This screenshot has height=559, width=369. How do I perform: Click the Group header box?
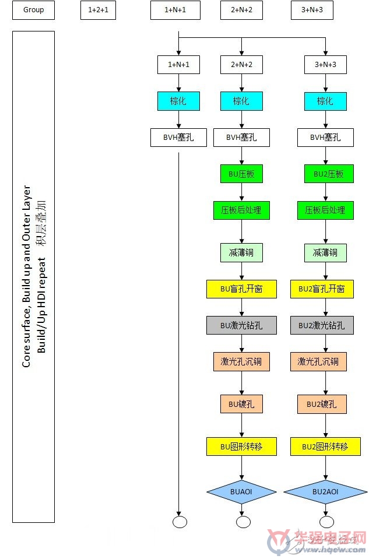click(x=33, y=10)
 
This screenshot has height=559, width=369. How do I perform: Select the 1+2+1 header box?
click(x=98, y=10)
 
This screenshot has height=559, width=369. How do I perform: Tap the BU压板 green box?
click(x=241, y=174)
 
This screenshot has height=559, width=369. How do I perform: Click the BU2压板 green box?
click(x=329, y=174)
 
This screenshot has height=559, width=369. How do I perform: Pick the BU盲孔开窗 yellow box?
click(x=241, y=289)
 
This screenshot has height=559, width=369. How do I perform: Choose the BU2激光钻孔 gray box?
click(x=322, y=325)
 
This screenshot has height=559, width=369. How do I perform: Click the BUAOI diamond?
click(x=241, y=491)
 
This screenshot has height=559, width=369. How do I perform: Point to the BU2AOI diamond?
click(x=325, y=491)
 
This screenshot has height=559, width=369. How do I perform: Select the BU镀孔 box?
click(x=241, y=404)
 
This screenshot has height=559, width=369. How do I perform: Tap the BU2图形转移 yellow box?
click(x=325, y=447)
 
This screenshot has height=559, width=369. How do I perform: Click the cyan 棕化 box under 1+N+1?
click(x=178, y=101)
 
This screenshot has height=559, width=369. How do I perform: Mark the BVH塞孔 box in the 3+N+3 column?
click(x=325, y=137)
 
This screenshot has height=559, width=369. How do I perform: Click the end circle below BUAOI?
click(x=243, y=522)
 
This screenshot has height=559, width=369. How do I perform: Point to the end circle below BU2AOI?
click(x=327, y=522)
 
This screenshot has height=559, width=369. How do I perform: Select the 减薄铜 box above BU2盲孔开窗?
click(x=325, y=253)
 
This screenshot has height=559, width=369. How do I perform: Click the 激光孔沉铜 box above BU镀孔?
click(x=241, y=361)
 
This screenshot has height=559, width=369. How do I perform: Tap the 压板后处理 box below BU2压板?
click(x=325, y=210)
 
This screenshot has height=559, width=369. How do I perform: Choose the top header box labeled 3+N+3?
click(x=312, y=10)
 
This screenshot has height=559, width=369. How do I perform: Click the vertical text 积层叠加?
click(x=41, y=223)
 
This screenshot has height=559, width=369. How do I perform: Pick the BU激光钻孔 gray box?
click(x=241, y=325)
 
